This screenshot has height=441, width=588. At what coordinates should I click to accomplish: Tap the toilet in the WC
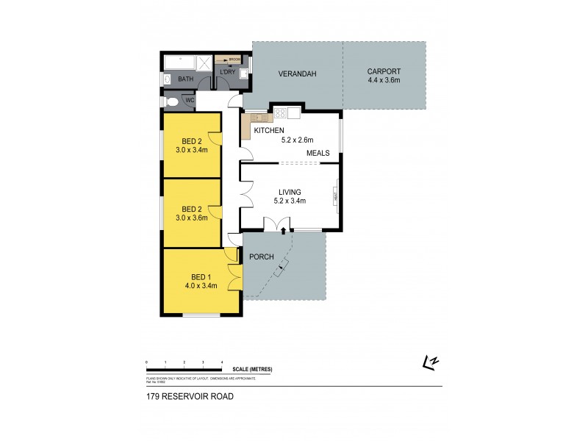click(x=171, y=101)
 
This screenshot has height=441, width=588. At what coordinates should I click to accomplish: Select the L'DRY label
click(x=227, y=71)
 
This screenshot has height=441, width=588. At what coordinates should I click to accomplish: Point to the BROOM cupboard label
click(x=234, y=60)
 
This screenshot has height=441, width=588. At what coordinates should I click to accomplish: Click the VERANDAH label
click(x=297, y=74)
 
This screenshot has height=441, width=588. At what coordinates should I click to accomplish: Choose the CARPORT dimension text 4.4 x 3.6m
click(x=384, y=80)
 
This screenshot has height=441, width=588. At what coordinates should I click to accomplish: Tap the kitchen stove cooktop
click(x=280, y=113)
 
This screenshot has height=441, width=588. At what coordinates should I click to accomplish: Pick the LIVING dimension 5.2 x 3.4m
click(x=289, y=200)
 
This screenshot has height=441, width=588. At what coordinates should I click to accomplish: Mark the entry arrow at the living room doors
click(x=284, y=231)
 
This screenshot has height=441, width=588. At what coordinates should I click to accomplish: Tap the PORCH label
click(x=262, y=257)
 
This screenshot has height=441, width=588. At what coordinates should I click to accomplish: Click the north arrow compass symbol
click(x=430, y=361)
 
